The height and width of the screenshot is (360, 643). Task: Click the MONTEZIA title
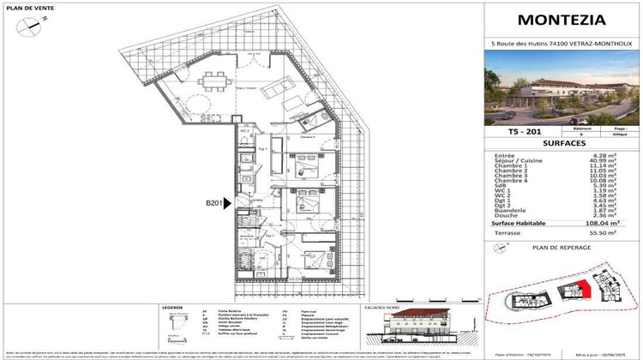561,21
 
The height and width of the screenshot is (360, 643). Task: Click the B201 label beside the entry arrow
214,203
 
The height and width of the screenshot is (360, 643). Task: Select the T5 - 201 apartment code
515,131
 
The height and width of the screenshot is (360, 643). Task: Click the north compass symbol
31,24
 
